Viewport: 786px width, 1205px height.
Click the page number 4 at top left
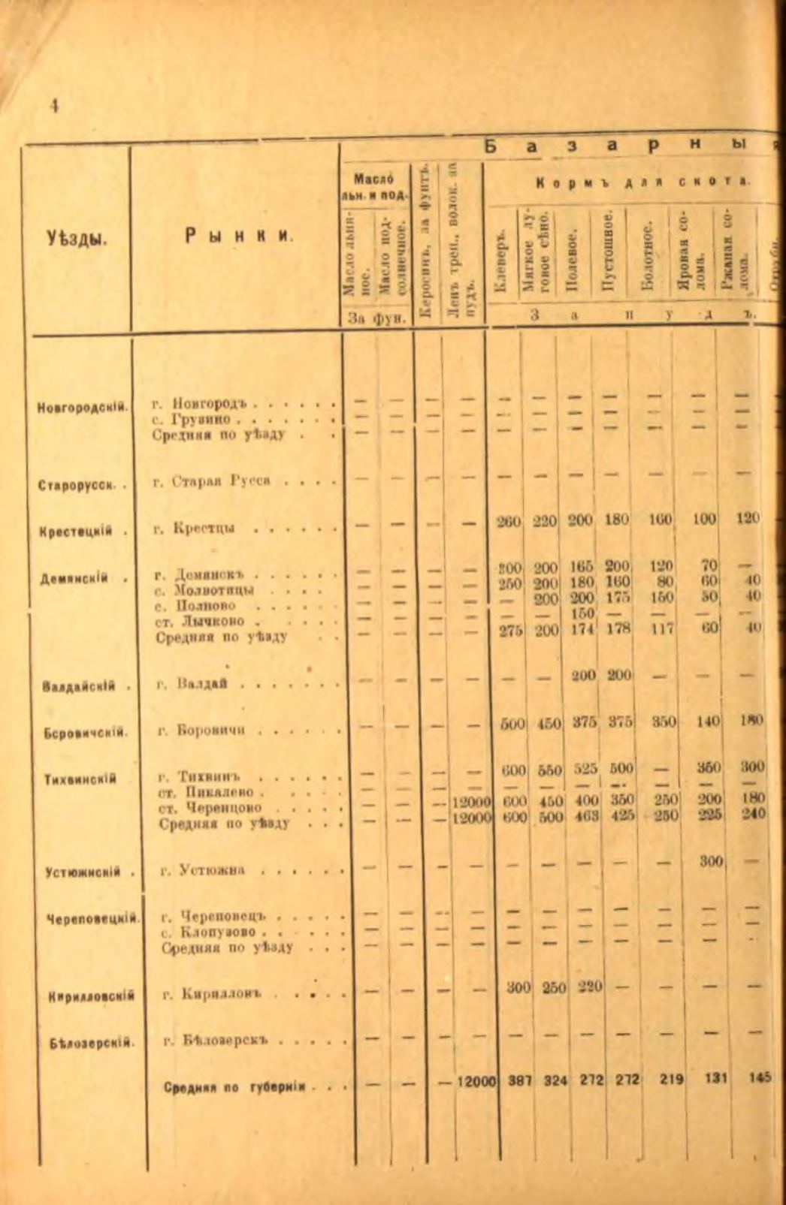click(54, 106)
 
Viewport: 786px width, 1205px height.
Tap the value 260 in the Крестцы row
click(509, 520)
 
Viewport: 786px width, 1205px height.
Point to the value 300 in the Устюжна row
click(709, 862)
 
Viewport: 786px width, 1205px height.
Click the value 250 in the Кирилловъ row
click(554, 988)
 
